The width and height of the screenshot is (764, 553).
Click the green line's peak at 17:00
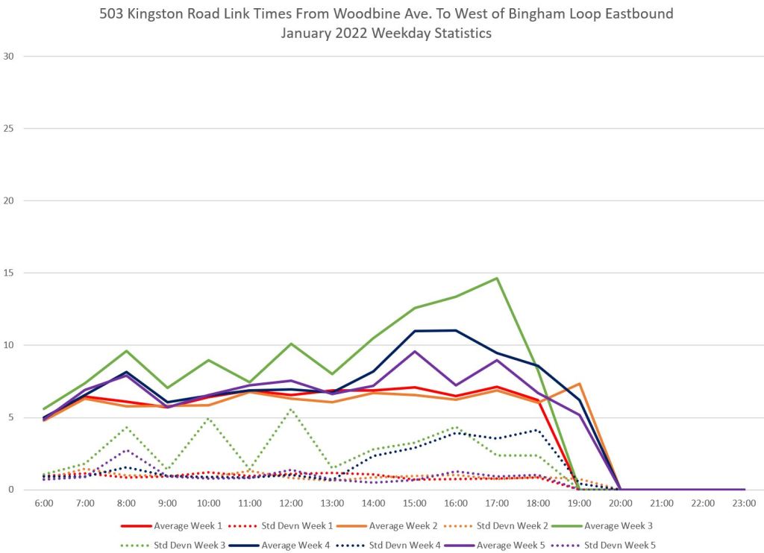click(497, 278)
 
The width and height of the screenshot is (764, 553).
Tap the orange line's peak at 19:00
click(579, 384)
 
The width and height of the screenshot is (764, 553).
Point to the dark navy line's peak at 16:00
click(456, 330)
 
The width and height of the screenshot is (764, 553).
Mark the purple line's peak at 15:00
click(415, 351)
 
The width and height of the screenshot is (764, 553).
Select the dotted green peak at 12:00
click(292, 409)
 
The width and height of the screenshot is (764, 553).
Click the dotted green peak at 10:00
click(209, 418)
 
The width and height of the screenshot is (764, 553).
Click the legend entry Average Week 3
click(610, 525)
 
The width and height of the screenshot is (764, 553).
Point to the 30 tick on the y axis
click(9, 57)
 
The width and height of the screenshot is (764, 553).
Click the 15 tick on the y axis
click(9, 273)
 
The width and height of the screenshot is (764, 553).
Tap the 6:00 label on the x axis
click(44, 503)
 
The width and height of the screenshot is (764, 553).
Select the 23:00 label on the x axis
click(744, 503)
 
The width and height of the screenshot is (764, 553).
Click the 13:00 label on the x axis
click(332, 503)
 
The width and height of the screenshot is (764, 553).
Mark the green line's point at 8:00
click(127, 350)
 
